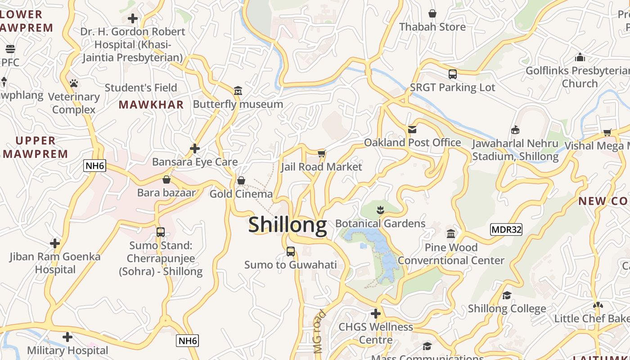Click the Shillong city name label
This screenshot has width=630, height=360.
pyautogui.click(x=288, y=225)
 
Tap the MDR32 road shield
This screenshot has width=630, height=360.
pyautogui.click(x=506, y=229)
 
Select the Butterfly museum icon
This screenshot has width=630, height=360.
pyautogui.click(x=238, y=91)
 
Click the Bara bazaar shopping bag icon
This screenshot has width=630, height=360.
pyautogui.click(x=166, y=180)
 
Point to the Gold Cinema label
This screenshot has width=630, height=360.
pyautogui.click(x=241, y=194)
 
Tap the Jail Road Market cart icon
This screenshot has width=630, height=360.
pyautogui.click(x=321, y=154)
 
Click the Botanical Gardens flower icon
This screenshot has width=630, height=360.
pyautogui.click(x=380, y=209)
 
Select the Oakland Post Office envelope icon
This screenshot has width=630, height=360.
pyautogui.click(x=412, y=130)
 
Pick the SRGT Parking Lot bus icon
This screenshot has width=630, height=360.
pyautogui.click(x=453, y=74)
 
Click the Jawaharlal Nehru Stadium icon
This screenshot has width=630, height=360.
pyautogui.click(x=515, y=130)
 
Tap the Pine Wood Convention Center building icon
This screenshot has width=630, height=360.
pyautogui.click(x=451, y=234)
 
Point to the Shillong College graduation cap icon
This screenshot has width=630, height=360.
pyautogui.click(x=507, y=295)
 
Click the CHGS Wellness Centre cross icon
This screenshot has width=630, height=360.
pyautogui.click(x=376, y=314)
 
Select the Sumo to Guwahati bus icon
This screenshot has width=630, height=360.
pyautogui.click(x=291, y=251)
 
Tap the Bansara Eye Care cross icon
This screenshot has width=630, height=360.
pyautogui.click(x=195, y=148)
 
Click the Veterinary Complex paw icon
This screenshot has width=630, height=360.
pyautogui.click(x=74, y=83)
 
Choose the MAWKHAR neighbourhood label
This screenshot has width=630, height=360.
pyautogui.click(x=151, y=105)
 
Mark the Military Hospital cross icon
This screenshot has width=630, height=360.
pyautogui.click(x=67, y=337)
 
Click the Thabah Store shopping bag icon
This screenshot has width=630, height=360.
pyautogui.click(x=432, y=13)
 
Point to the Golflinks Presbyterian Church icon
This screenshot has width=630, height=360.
pyautogui.click(x=580, y=57)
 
